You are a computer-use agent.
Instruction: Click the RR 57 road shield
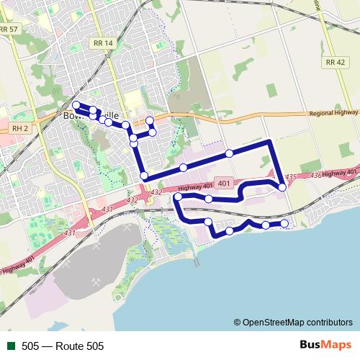point(9,28)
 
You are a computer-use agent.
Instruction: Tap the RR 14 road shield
point(103,43)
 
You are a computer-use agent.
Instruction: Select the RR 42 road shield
point(336,63)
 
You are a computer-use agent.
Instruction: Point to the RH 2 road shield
point(19,127)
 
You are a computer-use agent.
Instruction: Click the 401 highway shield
point(223,184)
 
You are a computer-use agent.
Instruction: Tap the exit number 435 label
point(291,177)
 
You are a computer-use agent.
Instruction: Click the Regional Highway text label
point(333,113)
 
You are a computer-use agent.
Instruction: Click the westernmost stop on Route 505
point(76,105)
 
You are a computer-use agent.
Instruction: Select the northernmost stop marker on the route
point(150,120)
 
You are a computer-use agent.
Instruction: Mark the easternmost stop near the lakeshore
point(284,224)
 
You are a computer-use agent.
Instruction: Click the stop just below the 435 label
point(282,187)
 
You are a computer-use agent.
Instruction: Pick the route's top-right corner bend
point(270,141)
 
